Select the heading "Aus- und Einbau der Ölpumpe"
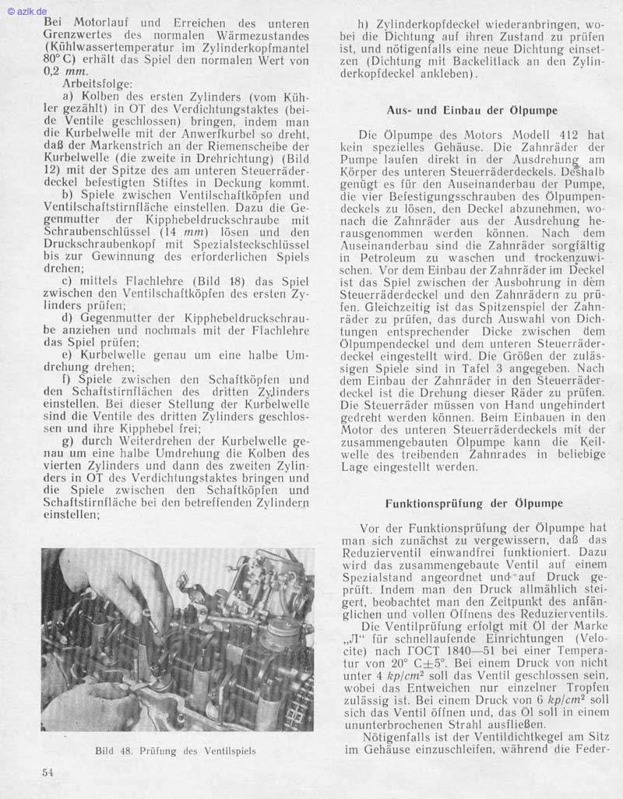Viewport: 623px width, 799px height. point(473,110)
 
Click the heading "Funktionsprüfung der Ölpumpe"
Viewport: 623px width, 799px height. point(473,503)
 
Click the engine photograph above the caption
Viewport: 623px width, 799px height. point(178,639)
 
